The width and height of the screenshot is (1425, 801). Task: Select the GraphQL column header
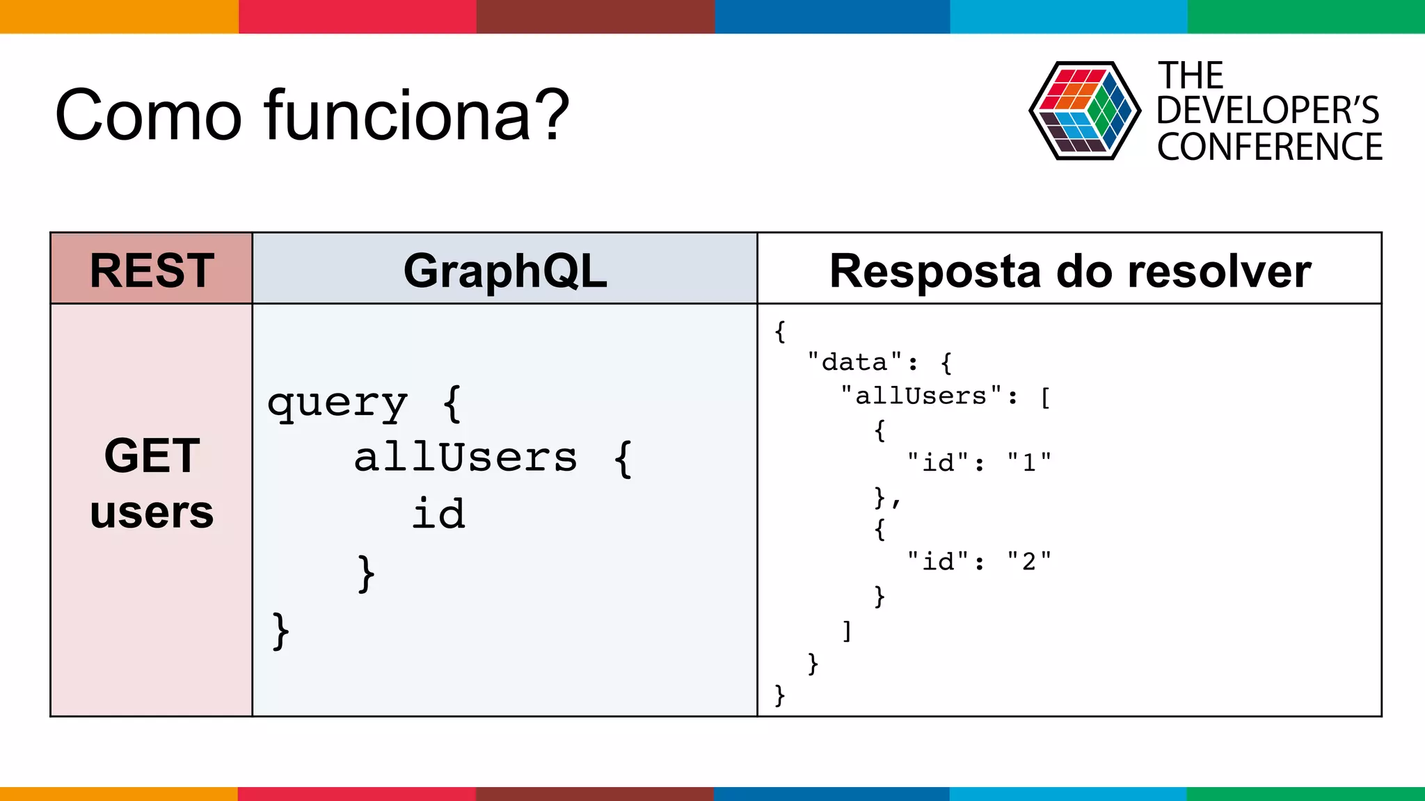tap(505, 270)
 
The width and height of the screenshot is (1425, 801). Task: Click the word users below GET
tap(152, 512)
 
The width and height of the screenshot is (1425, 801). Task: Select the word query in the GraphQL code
tap(337, 404)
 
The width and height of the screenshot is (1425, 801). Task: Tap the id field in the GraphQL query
tap(438, 514)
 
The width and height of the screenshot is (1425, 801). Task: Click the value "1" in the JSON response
tap(1029, 462)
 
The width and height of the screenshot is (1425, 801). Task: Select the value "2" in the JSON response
tap(1029, 561)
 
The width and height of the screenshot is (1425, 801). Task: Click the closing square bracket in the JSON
tap(847, 631)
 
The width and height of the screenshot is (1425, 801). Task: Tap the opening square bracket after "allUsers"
tap(1045, 398)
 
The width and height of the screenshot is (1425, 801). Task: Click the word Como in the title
tap(148, 115)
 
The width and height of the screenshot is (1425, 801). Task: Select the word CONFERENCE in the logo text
tap(1270, 147)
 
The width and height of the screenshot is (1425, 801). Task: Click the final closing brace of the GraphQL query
tap(280, 631)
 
